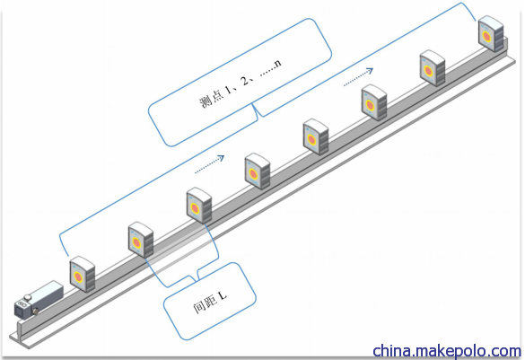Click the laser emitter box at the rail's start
pos(39,299)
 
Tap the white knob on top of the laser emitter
pos(28,297)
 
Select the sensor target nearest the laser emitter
pos(83,274)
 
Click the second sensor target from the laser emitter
pos(141,240)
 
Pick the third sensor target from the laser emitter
pos(199,206)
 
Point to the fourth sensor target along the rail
pos(258,171)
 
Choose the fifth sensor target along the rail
pos(316,136)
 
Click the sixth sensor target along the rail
pos(374,102)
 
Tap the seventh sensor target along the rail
pos(433,68)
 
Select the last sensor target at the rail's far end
pos(491,34)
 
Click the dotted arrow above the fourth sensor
pos(210,164)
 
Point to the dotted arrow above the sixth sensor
pos(358,77)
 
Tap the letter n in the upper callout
pos(277,63)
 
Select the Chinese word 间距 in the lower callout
pos(202,304)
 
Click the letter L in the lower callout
pos(223,295)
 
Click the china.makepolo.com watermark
pos(447,351)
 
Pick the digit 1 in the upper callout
pos(228,90)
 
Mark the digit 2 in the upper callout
pos(245,81)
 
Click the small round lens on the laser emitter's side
pos(34,312)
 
